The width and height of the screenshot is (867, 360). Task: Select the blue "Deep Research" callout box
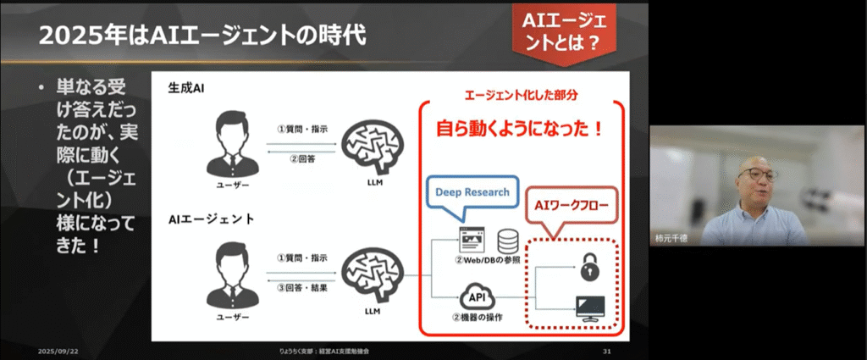pos(472,192)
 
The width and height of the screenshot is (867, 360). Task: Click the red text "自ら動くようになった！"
pos(520,130)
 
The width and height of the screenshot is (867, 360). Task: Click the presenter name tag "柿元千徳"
pos(671,240)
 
